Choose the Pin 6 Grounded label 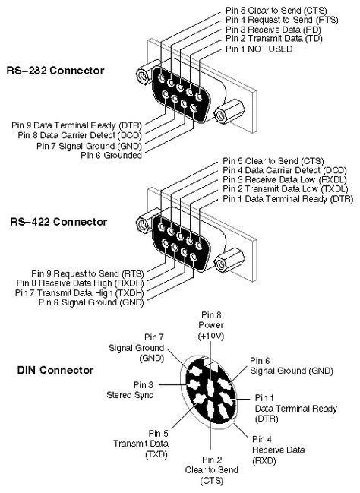point(112,155)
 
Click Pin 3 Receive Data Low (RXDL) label point(284,179)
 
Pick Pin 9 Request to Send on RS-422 point(87,271)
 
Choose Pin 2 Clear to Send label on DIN point(212,470)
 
